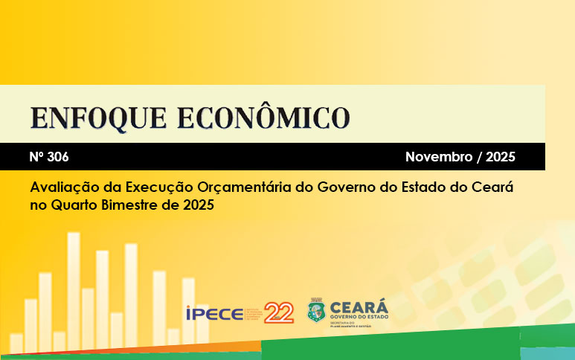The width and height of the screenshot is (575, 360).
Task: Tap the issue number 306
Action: tap(59, 157)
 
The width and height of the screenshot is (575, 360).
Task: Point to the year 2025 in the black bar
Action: tap(499, 157)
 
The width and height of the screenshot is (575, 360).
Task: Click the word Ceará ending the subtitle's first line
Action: tap(492, 187)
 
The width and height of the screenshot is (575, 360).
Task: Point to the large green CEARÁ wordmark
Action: tap(358, 306)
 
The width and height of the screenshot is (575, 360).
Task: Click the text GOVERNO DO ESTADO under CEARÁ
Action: tap(358, 318)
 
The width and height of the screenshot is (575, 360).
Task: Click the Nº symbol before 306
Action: tap(37, 157)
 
